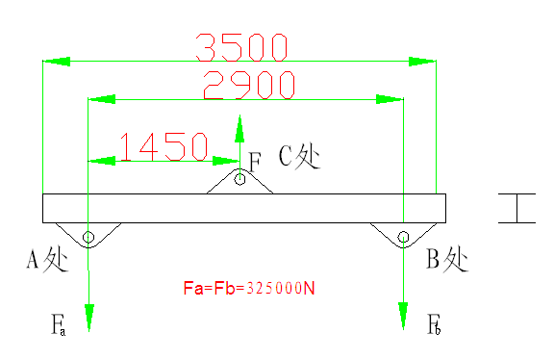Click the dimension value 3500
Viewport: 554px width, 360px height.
tap(240, 45)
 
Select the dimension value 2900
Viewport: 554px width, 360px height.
tap(248, 85)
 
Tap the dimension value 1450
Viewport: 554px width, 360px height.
tap(164, 146)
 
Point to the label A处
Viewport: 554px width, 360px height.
tap(46, 260)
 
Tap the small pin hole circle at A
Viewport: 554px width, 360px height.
tap(88, 236)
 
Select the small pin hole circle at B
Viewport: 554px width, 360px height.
tap(403, 236)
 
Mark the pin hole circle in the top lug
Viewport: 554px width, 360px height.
tap(240, 178)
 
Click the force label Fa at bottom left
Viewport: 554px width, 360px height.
tap(59, 323)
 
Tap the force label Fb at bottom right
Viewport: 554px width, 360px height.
tap(434, 323)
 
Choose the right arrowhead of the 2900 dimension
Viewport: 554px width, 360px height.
tap(390, 98)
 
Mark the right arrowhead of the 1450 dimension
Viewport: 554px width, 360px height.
tap(227, 161)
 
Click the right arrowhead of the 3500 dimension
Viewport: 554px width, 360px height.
tap(421, 62)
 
